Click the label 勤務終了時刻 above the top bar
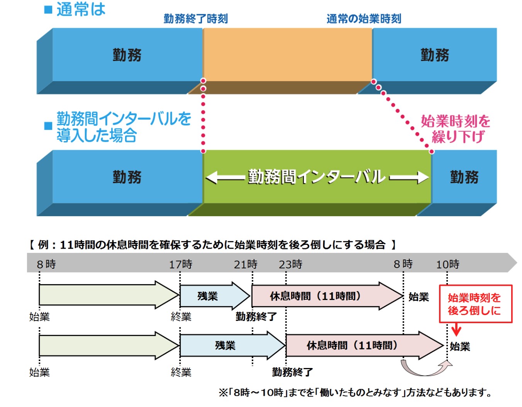[195, 19]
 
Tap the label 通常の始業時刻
[364, 19]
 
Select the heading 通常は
[80, 9]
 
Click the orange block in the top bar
[287, 55]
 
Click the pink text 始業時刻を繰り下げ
[456, 129]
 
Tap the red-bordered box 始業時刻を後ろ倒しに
[475, 304]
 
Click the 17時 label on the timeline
[180, 265]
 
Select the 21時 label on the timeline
[246, 265]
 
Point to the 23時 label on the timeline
[290, 265]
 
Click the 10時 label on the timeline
[447, 265]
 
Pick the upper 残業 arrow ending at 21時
[212, 296]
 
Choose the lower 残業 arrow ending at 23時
[230, 345]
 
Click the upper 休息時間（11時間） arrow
[320, 296]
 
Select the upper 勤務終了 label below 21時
[256, 317]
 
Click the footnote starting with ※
[356, 393]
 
